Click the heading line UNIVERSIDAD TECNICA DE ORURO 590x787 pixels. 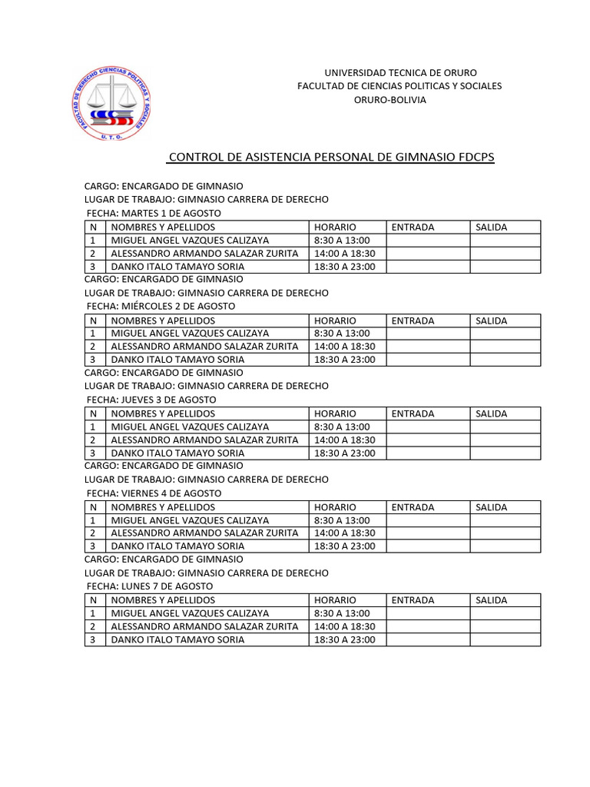400,72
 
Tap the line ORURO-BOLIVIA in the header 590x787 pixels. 389,100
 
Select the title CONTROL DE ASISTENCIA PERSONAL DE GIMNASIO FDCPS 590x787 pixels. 331,158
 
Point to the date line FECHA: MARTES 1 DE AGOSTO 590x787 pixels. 154,213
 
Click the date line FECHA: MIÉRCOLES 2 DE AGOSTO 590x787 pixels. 161,306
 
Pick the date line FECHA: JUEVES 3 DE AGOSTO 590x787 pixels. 151,400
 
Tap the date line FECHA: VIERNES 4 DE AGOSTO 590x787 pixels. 154,493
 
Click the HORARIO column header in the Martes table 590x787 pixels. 335,227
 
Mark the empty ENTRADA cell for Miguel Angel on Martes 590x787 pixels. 428,240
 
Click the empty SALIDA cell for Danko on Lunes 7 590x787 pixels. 505,639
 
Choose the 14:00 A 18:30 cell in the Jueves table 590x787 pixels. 345,440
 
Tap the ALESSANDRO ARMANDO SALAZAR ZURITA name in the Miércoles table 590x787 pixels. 204,346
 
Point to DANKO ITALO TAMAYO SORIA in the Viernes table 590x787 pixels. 177,546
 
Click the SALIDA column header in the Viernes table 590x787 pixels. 492,507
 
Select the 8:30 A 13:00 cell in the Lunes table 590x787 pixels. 342,613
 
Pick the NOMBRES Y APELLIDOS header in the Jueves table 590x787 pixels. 163,413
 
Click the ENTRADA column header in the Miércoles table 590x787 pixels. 413,320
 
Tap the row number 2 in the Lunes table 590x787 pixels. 93,626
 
